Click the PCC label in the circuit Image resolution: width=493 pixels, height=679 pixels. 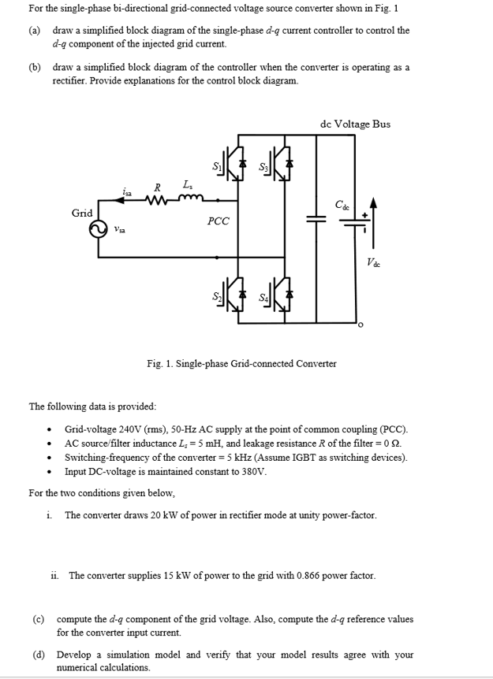[x=218, y=221]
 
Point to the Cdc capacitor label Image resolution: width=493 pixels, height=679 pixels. [x=342, y=205]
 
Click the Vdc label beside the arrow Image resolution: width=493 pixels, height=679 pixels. [x=373, y=262]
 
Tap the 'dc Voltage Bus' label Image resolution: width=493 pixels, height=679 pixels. [x=355, y=124]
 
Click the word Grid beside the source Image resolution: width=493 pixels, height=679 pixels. [x=82, y=213]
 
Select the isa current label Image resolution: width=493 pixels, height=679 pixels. [x=128, y=191]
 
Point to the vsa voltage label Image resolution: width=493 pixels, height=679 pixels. [x=120, y=231]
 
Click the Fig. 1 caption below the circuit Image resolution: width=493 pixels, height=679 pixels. [x=241, y=363]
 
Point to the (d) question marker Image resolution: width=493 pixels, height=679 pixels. [x=38, y=655]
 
